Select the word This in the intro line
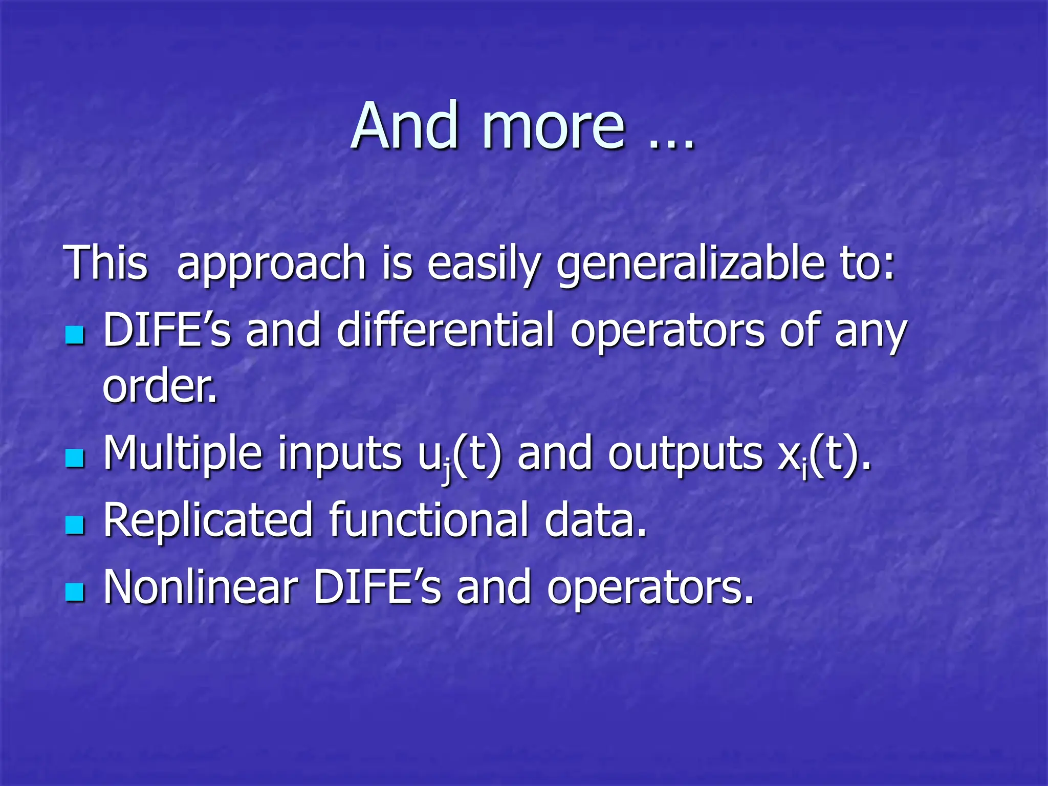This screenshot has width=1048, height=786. (105, 263)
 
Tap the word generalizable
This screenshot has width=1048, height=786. (691, 265)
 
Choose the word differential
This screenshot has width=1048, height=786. (445, 330)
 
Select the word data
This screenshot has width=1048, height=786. (596, 520)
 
